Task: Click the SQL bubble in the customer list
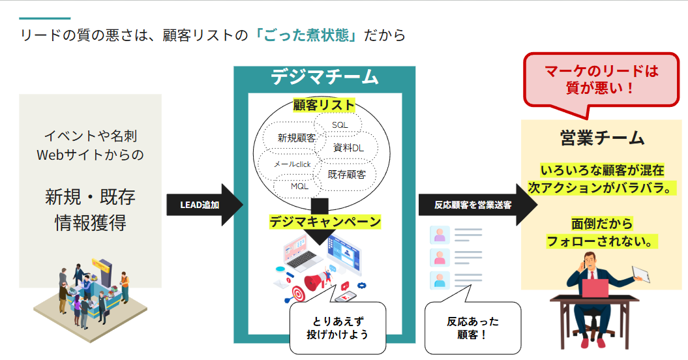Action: point(340,125)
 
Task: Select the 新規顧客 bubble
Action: point(297,138)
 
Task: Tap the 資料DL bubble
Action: point(349,148)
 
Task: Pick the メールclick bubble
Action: point(292,164)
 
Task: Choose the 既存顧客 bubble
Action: point(346,174)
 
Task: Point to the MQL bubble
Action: point(299,187)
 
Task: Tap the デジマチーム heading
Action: point(324,77)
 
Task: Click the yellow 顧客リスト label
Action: point(324,105)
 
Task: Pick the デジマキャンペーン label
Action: point(325,222)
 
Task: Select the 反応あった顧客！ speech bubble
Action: point(473,328)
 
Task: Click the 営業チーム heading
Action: point(602,138)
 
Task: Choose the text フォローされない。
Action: point(601,241)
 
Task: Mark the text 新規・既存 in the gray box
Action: point(90,196)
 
